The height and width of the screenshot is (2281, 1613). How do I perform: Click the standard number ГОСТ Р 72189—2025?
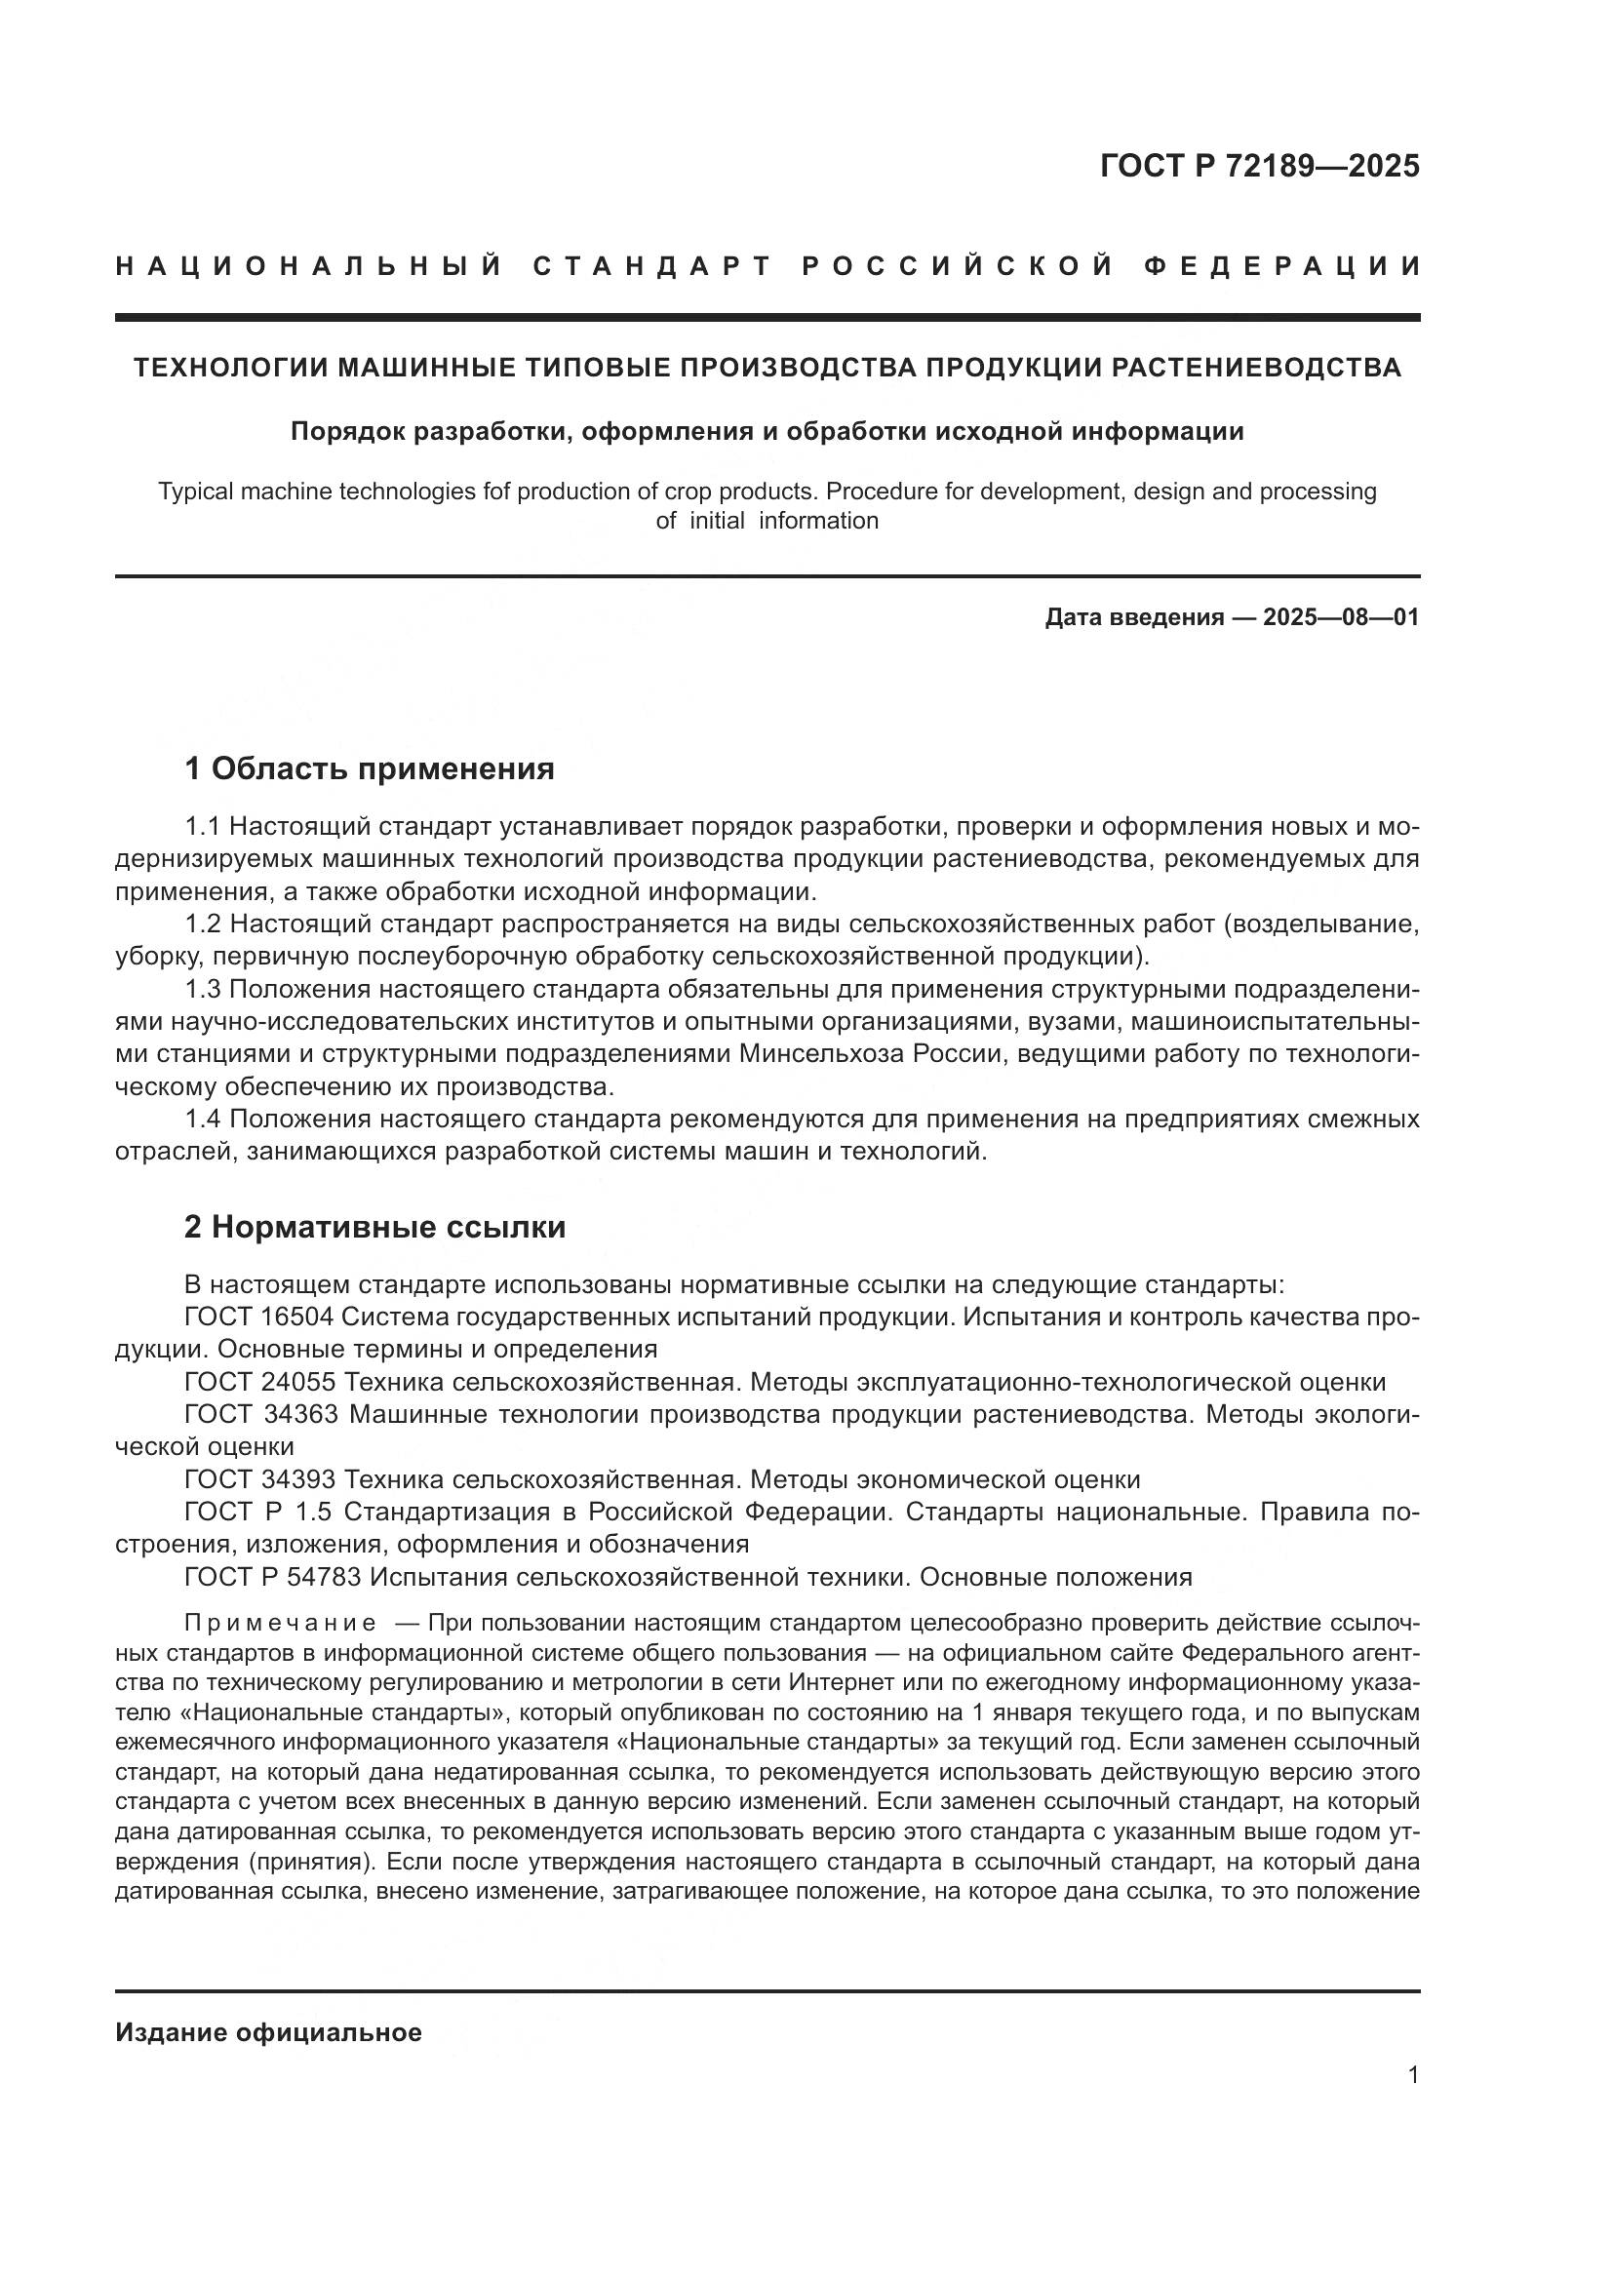pyautogui.click(x=1259, y=166)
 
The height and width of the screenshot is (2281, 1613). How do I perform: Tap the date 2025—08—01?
pyautogui.click(x=1341, y=617)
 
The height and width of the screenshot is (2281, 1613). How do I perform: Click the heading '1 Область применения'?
pyautogui.click(x=370, y=767)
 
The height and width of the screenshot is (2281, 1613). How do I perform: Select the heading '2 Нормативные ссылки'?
pyautogui.click(x=374, y=1227)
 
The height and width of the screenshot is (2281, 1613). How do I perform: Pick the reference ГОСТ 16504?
pyautogui.click(x=260, y=1317)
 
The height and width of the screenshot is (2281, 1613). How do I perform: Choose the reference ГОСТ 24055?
pyautogui.click(x=260, y=1382)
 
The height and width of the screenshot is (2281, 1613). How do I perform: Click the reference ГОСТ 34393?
pyautogui.click(x=260, y=1479)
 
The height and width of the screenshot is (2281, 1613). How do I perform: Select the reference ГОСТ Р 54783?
pyautogui.click(x=272, y=1577)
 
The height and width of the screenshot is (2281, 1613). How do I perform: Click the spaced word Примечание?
pyautogui.click(x=281, y=1624)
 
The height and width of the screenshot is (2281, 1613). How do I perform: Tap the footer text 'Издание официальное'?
pyautogui.click(x=268, y=2032)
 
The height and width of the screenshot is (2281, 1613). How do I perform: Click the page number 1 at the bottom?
pyautogui.click(x=1413, y=2074)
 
